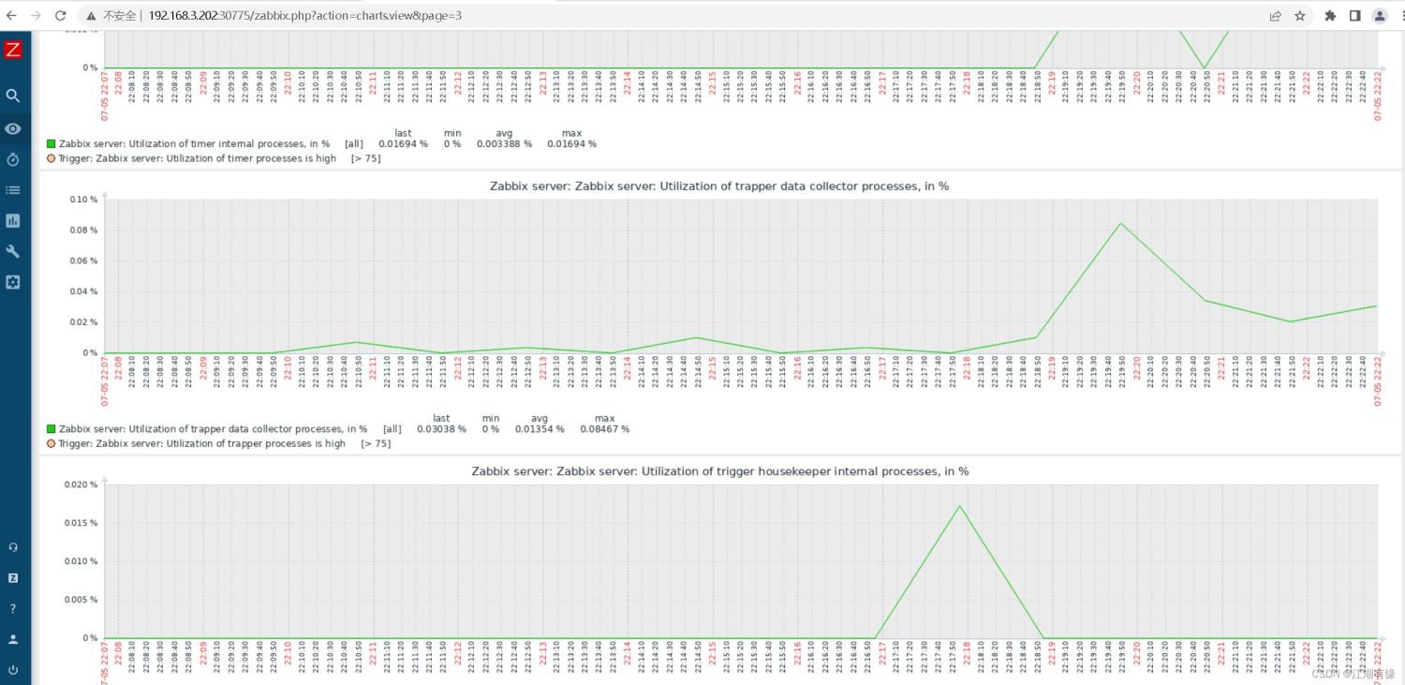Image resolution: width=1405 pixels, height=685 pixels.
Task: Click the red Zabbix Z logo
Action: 13,50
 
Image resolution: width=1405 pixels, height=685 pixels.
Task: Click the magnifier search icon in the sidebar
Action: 13,96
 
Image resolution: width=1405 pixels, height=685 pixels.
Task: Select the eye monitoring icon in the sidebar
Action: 13,128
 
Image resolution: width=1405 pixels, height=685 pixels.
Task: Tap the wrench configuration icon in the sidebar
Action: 13,251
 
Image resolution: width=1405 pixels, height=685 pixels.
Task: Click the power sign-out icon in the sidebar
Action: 13,670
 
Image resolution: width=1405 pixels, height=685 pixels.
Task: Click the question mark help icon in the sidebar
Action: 13,608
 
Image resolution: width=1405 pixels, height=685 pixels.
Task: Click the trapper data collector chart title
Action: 718,186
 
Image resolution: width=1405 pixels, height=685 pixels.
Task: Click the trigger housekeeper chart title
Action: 719,471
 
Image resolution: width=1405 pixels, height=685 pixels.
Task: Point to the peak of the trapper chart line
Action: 1120,223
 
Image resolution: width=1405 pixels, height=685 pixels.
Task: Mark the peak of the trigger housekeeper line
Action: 959,506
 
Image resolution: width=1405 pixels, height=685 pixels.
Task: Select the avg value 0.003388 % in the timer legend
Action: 504,144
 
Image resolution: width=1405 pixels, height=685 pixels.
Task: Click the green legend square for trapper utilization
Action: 52,429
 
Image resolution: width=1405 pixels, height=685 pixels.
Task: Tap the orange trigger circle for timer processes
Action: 52,158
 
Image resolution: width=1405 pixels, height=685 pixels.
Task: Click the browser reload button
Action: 60,16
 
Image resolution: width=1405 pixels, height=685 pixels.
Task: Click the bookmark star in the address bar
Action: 1300,16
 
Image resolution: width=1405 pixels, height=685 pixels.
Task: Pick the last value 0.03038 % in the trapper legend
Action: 441,429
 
